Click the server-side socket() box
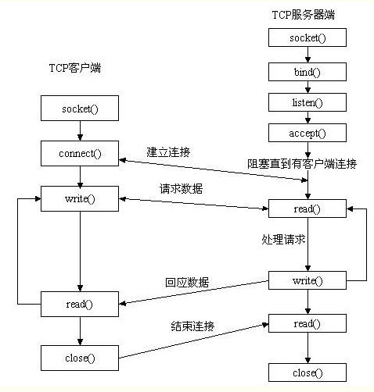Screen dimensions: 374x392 pos(307,37)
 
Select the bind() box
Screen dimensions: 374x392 pos(307,72)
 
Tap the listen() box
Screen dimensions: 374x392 pos(307,102)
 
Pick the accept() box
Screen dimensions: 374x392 pos(307,133)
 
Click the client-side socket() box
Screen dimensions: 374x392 pos(80,109)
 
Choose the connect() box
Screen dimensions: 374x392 pos(80,154)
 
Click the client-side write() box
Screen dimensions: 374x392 pos(80,199)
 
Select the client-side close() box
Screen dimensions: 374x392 pos(80,358)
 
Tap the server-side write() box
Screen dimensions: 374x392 pos(307,280)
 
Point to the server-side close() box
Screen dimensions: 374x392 pos(307,372)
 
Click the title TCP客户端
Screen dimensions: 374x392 pos(75,68)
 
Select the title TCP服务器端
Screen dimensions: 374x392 pos(304,15)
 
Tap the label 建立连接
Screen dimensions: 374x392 pos(168,152)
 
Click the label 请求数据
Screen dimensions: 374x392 pos(181,189)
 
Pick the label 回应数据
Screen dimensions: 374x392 pos(187,283)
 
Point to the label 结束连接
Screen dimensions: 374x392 pos(192,326)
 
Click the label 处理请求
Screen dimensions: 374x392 pos(283,239)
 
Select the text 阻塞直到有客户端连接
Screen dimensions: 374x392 pos(302,164)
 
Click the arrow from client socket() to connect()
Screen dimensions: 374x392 pos(80,131)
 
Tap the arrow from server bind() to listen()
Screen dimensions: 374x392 pos(307,87)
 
